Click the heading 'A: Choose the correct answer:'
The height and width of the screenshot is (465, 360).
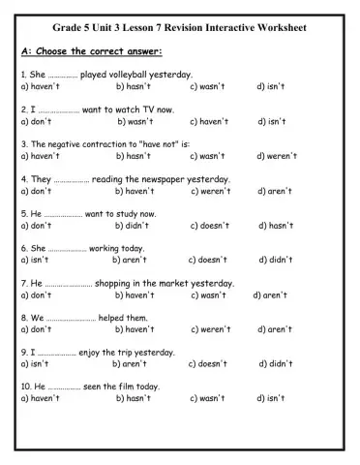click(91, 51)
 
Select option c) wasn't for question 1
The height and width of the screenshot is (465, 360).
click(207, 86)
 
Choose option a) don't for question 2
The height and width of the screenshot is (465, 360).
click(36, 122)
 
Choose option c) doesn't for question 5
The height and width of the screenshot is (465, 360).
click(210, 226)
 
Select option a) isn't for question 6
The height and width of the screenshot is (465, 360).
click(34, 261)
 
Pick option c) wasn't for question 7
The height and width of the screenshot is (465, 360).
click(207, 295)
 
